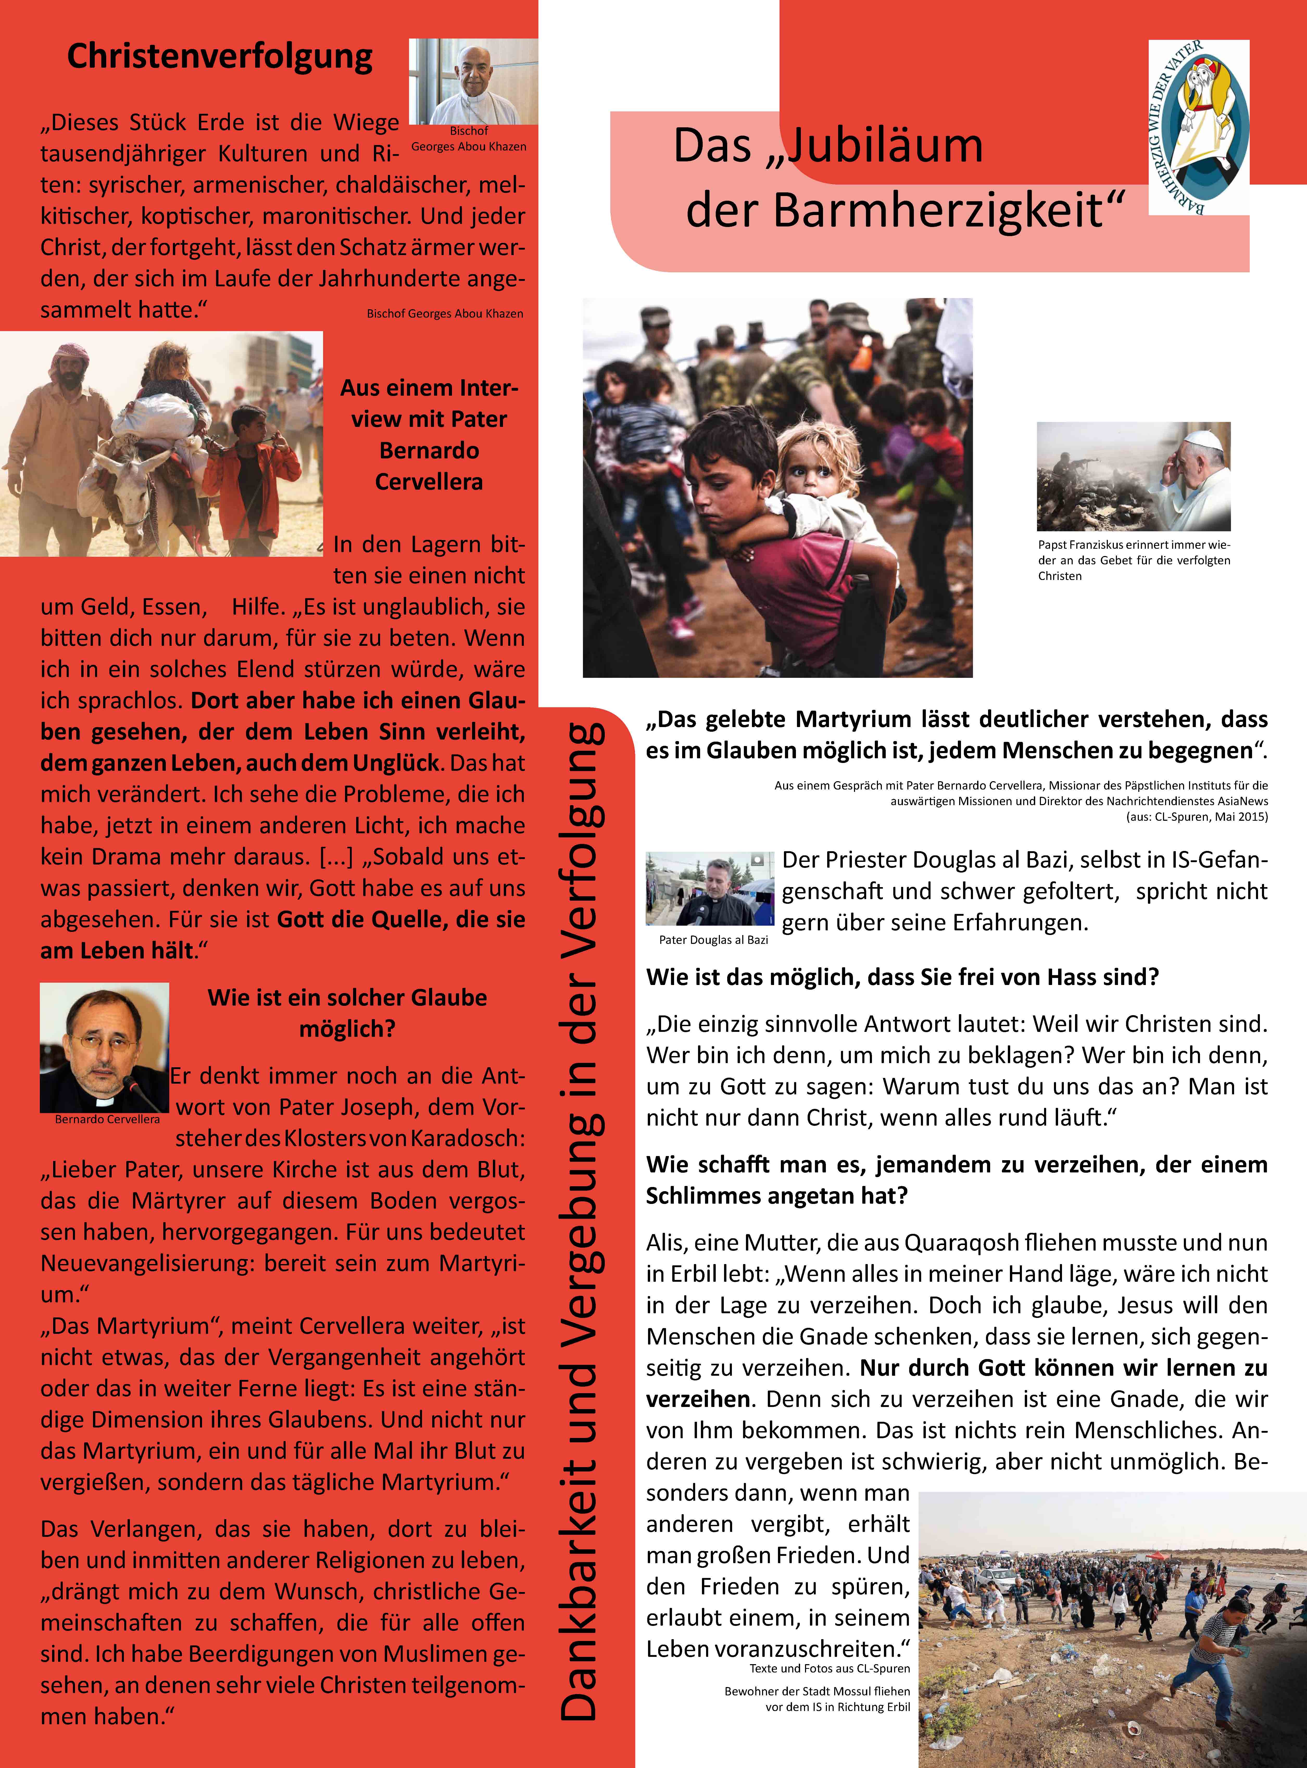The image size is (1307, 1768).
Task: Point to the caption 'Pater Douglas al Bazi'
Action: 713,940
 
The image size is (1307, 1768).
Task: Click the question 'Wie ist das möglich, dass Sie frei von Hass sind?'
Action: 902,977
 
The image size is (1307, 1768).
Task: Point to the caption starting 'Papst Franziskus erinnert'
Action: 1134,560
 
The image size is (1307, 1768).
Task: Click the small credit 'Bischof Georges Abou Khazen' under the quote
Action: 445,314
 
